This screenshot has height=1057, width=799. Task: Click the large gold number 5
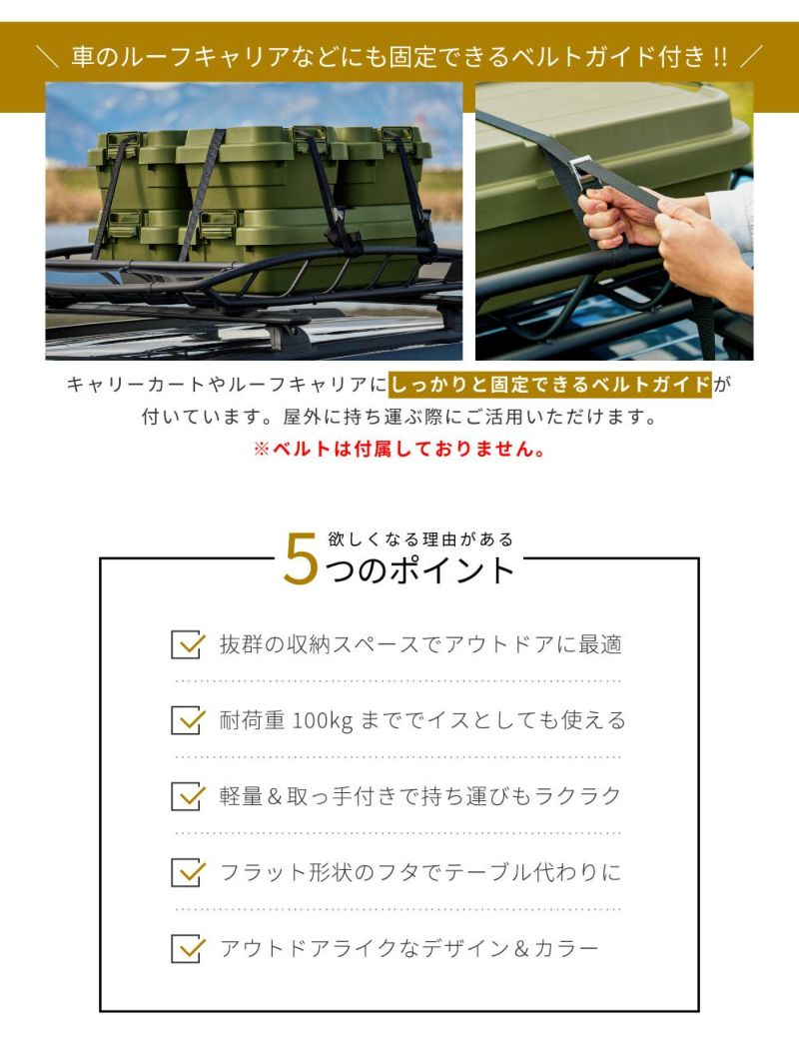301,558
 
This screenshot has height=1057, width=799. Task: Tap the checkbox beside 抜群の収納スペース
187,644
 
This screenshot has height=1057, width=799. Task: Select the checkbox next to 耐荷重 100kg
187,720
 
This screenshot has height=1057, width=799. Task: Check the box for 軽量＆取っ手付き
187,796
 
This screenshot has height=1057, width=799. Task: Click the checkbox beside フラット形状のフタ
187,872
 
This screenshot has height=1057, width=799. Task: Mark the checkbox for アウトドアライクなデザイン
187,948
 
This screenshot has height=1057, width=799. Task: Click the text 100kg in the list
323,720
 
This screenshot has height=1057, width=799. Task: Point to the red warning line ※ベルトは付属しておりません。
399,449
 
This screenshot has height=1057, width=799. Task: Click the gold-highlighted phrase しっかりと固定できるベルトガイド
550,385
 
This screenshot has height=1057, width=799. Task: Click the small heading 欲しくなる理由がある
421,539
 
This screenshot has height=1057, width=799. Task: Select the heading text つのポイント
420,570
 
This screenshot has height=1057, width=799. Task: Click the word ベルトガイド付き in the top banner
605,56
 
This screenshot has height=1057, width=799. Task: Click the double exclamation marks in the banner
719,57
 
